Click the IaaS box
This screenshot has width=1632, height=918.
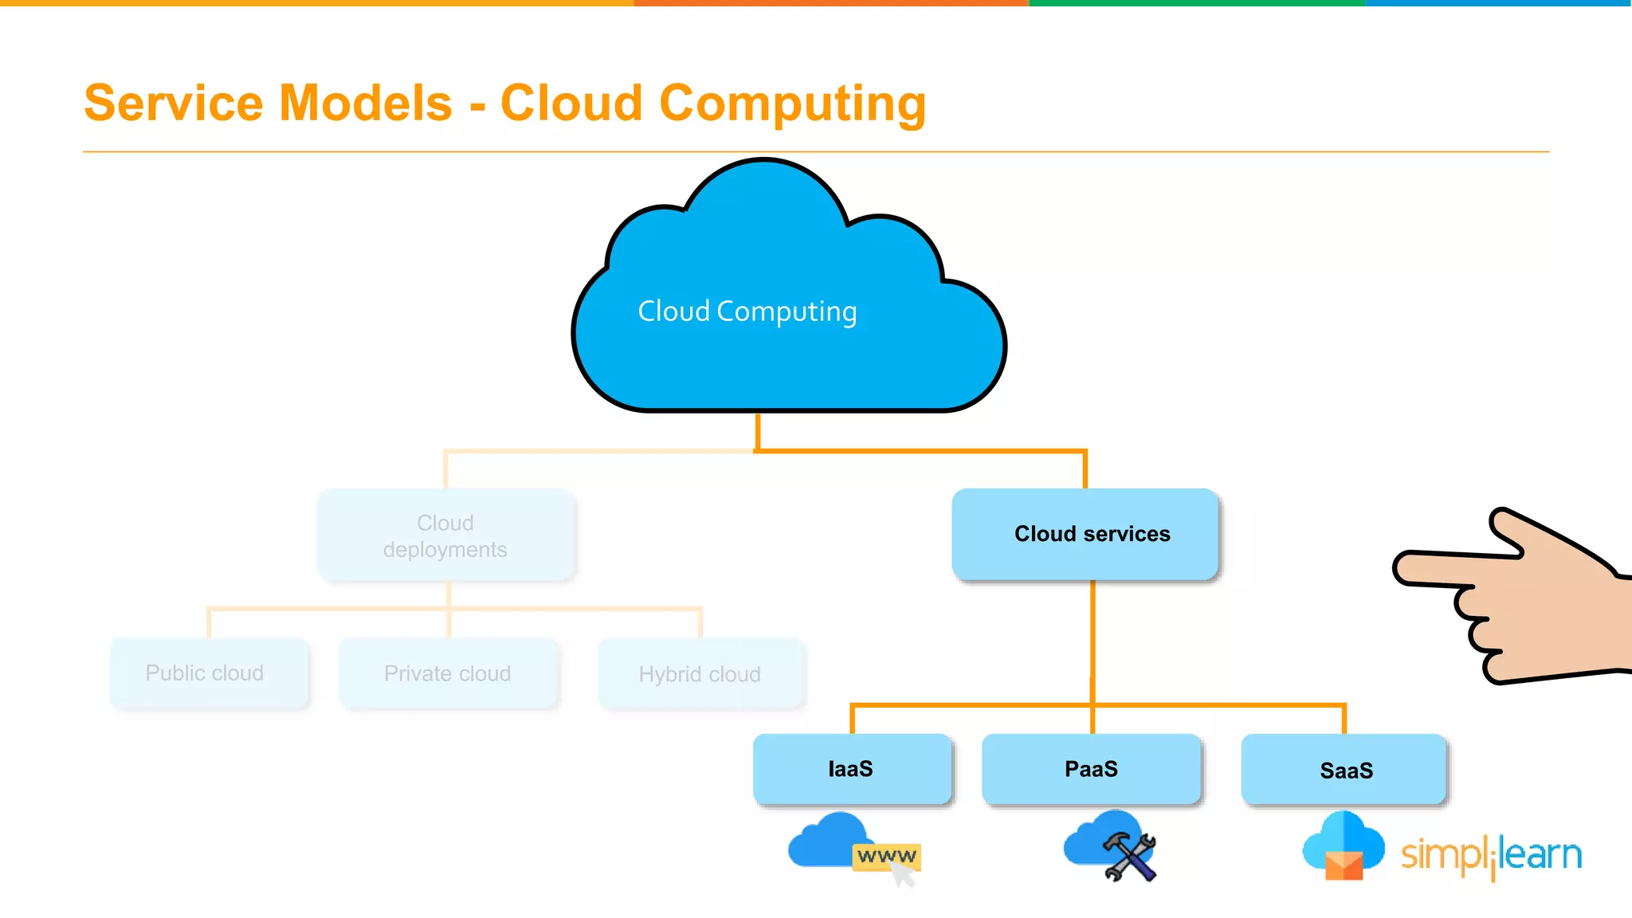click(852, 769)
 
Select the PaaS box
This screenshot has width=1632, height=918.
click(1091, 769)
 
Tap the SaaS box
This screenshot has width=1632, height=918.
click(1344, 770)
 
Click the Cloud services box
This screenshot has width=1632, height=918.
click(1085, 534)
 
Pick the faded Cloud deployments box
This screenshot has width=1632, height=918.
click(446, 535)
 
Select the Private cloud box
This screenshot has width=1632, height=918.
click(449, 674)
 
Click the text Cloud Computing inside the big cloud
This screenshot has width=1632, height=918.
click(747, 312)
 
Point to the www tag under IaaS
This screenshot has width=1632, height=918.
click(886, 856)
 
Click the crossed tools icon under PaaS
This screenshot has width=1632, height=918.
click(1129, 857)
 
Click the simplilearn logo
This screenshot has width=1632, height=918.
click(1491, 856)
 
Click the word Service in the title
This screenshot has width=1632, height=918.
click(173, 104)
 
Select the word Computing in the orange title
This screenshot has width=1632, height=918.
click(792, 104)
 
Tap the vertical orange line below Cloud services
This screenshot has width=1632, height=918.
click(1093, 637)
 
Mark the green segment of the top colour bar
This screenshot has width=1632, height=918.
click(1195, 3)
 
